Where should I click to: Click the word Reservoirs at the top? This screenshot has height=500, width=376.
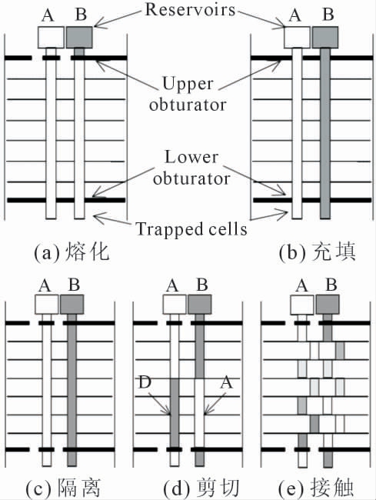point(190,9)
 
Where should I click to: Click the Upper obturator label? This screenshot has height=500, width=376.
point(188,94)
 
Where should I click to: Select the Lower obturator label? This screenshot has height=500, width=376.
point(191,168)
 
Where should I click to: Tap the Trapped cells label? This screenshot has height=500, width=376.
point(191,228)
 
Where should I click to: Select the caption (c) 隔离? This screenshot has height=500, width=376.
point(63,488)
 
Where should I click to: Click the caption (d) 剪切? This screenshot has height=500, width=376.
point(201,488)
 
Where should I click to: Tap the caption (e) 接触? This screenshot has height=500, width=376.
point(316,488)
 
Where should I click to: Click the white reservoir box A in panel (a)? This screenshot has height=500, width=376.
point(51,38)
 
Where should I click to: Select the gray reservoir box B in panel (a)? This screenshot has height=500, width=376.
point(79,38)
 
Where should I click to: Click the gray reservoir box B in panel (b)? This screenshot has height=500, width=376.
point(325,38)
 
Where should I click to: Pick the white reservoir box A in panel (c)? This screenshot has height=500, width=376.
point(47,304)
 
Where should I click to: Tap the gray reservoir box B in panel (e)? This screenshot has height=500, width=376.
point(328,304)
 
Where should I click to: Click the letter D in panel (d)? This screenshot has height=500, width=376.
point(145,382)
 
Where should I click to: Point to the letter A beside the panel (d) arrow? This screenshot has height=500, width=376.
point(227,382)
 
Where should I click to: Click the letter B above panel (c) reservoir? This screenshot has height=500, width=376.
point(74,284)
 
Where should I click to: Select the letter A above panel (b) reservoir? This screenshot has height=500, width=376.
point(294,15)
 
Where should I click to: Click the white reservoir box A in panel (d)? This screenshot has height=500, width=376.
point(175,304)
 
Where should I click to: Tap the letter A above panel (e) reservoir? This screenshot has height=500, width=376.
point(301,285)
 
